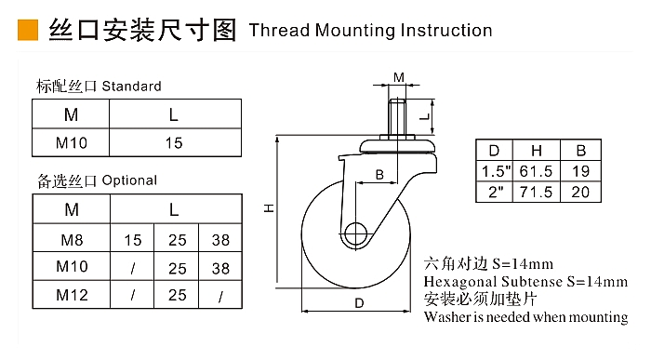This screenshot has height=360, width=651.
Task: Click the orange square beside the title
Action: (x=28, y=31)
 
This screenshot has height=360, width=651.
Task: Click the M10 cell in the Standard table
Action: (x=72, y=143)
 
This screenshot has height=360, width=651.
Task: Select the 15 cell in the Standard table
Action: (x=174, y=143)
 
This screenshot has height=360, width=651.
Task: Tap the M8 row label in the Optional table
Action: (x=72, y=240)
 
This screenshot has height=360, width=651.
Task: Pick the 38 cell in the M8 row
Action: (x=220, y=240)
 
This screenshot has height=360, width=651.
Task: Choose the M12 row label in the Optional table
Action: (x=72, y=295)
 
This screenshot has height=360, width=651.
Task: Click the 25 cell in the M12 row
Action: (x=178, y=295)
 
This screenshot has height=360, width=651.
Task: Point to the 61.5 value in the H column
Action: (x=536, y=171)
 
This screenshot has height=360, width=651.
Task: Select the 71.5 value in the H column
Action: (x=536, y=192)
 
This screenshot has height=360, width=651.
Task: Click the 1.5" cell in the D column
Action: (x=496, y=171)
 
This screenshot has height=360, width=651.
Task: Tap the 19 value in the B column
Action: (x=580, y=171)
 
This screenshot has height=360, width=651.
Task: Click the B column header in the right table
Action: (x=581, y=151)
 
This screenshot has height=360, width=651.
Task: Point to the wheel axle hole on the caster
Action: (x=355, y=233)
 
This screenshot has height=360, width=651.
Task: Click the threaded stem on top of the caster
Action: (x=398, y=116)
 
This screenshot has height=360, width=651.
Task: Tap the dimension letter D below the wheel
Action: (x=359, y=303)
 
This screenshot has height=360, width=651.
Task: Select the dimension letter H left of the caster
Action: (x=270, y=208)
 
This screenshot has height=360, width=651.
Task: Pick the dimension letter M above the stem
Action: (x=399, y=77)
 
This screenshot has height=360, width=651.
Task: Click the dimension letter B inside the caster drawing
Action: (x=379, y=175)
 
